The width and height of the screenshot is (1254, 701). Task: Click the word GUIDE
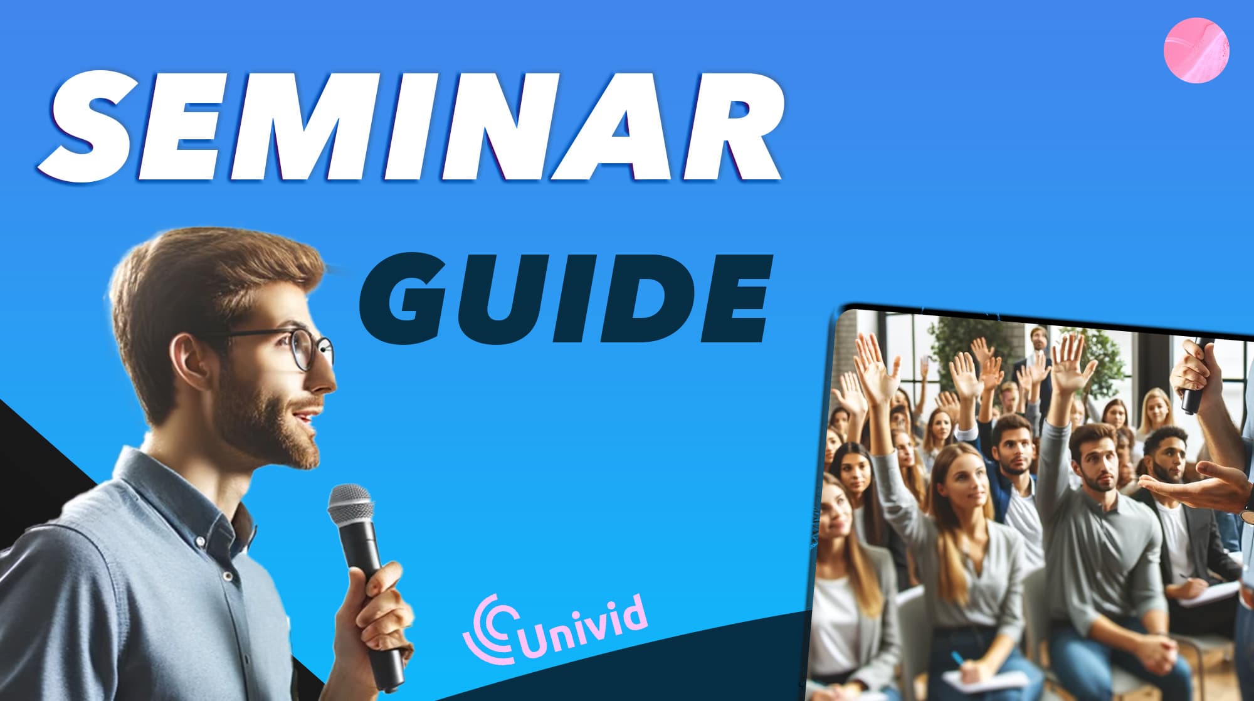(x=564, y=298)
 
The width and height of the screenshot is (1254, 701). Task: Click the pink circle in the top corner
(x=1196, y=51)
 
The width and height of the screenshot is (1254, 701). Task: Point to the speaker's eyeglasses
(x=301, y=348)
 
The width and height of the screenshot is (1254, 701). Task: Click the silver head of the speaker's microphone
(x=351, y=504)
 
